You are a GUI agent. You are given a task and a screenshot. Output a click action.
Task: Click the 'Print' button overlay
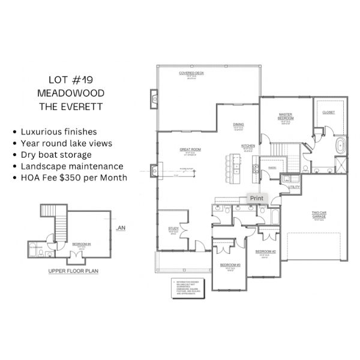pos(256,198)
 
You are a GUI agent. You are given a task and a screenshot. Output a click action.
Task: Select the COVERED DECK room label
pos(191,73)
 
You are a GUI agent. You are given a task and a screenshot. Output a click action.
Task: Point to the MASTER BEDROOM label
pos(285,116)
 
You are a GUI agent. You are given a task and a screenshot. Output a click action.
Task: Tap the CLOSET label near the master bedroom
pos(328,112)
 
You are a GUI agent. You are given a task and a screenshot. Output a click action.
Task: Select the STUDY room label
pos(173,229)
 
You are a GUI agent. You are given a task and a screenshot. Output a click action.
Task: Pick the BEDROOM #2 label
pos(265,251)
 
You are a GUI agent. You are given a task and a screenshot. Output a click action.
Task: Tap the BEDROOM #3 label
pos(230,265)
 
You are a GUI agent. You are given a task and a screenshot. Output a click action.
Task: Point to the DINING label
pos(238,125)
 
